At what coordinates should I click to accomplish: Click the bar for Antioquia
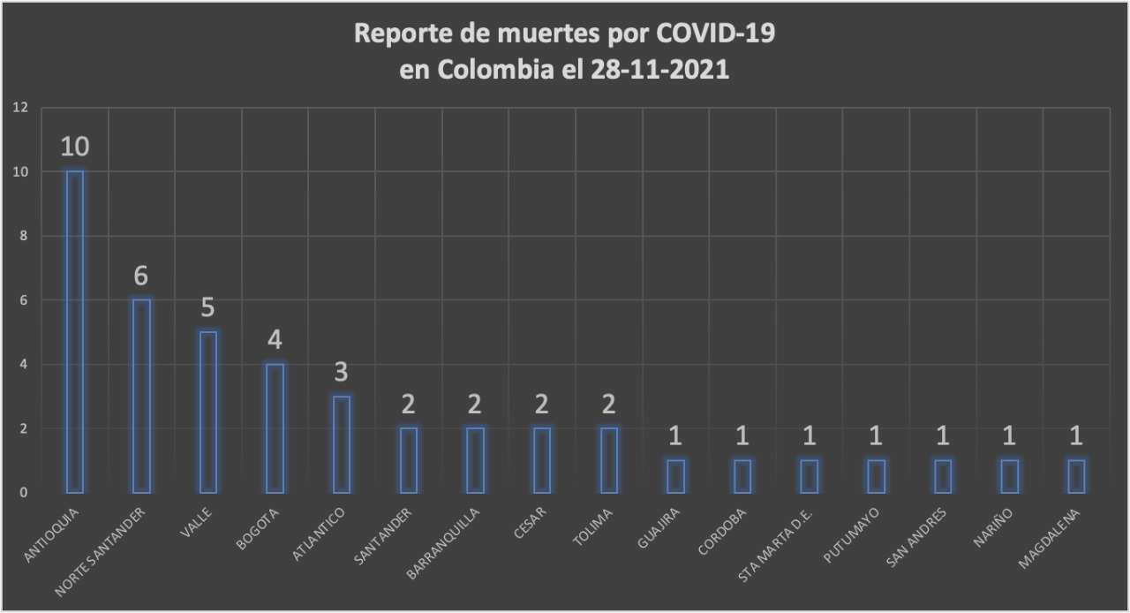75,331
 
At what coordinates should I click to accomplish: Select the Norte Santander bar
141,396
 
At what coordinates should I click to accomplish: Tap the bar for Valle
208,412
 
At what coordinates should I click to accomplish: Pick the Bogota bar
275,428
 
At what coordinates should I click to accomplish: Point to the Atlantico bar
342,443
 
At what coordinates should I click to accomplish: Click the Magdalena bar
1076,476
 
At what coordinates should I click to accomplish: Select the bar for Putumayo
876,476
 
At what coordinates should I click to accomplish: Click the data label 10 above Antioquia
75,147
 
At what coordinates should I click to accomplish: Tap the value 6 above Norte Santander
141,276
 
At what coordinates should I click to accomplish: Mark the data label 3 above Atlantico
342,372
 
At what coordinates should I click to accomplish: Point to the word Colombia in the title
485,71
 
